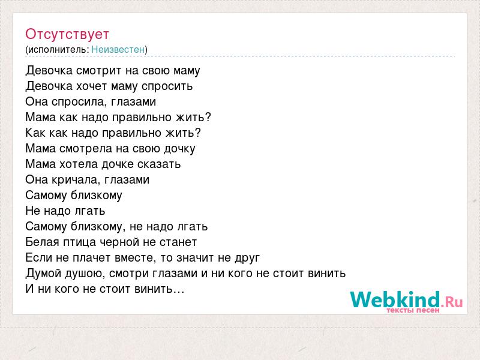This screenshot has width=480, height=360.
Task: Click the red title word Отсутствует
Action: click(67, 34)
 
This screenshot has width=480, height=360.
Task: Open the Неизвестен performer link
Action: click(118, 49)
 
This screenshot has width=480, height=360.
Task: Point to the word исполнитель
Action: click(58, 50)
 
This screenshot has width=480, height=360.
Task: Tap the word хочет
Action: click(92, 86)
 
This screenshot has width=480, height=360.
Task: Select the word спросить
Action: click(167, 86)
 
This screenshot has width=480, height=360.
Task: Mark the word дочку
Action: click(179, 149)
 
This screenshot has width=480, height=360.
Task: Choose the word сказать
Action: click(159, 164)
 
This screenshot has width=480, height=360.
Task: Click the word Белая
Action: click(42, 242)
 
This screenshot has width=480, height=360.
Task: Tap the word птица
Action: click(80, 242)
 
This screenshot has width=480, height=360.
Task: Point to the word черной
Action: click(119, 242)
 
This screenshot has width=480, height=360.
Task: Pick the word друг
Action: click(247, 259)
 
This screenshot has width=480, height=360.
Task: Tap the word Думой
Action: click(43, 274)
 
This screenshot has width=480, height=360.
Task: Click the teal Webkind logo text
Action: click(395, 299)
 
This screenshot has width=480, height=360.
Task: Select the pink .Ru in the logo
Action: click(452, 302)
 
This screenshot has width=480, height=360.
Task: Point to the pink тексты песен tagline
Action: click(413, 310)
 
